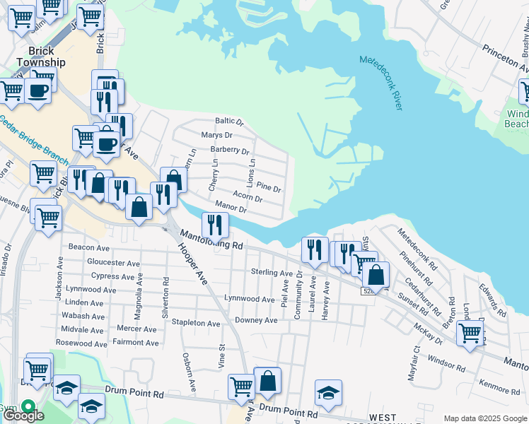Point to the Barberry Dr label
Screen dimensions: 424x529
(x=230, y=150)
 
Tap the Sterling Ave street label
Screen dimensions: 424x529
(x=272, y=273)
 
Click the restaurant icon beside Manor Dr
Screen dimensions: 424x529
(x=215, y=225)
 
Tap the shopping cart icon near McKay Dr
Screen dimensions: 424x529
(x=469, y=332)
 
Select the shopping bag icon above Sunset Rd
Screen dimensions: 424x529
(x=376, y=274)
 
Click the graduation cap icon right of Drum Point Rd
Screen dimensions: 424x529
(x=328, y=392)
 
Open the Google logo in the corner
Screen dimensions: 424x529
(x=23, y=415)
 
